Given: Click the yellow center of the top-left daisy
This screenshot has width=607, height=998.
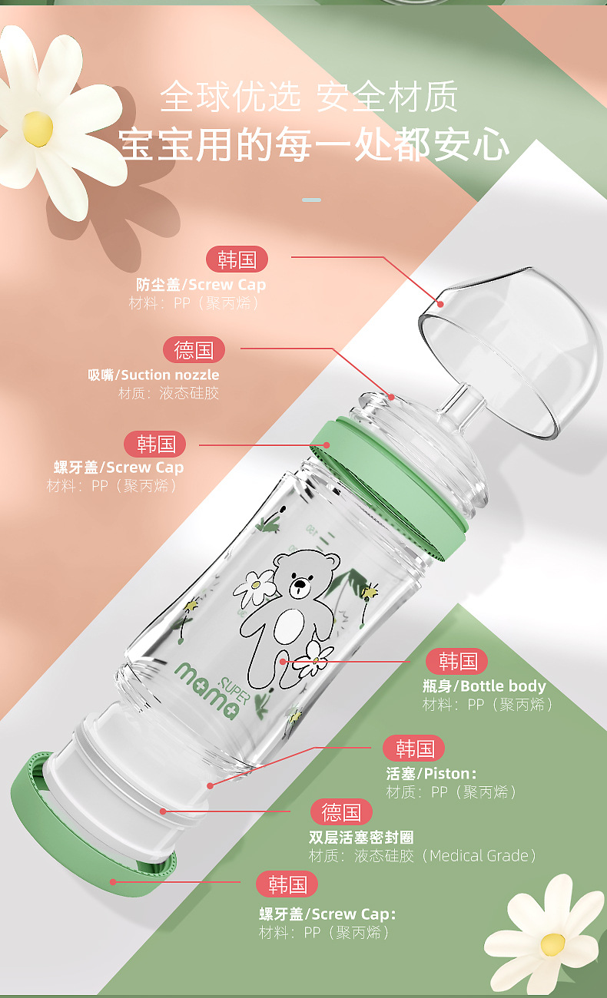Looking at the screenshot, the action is pos(38,128).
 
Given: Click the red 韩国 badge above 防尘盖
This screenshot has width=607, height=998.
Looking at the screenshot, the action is pos(237,259).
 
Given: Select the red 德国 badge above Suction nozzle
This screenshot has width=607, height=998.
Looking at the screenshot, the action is pos(194,350).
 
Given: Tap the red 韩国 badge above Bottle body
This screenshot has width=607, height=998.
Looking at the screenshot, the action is pos(456,661).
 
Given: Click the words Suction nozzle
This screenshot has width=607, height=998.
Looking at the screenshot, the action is pos(170,375).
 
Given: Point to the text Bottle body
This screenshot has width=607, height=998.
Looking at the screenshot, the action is pos(503,686).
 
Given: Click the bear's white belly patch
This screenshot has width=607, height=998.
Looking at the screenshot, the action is pos(290,627).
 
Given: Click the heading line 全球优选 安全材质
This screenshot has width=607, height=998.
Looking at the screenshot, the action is pos(309,96).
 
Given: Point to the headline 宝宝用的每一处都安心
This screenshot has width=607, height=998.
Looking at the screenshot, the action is pos(313,144).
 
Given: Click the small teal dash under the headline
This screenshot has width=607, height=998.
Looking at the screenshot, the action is pos(311,200).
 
